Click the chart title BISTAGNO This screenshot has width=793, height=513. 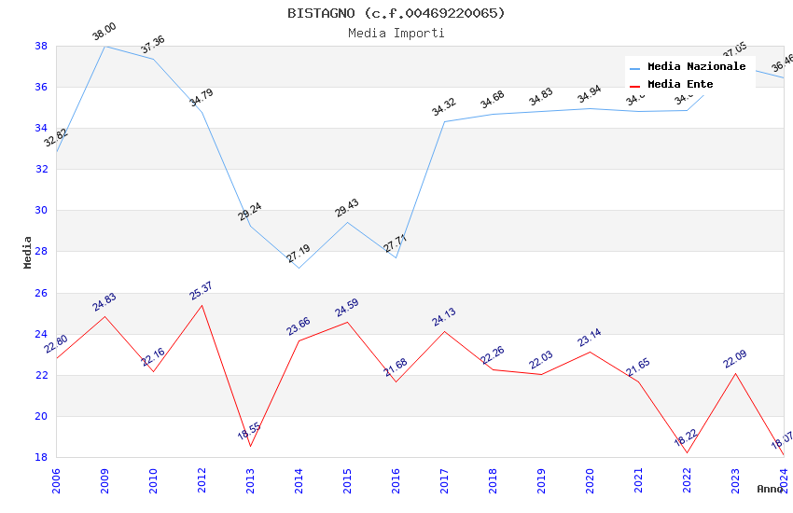[x=396, y=13]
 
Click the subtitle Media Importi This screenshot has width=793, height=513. [x=396, y=34]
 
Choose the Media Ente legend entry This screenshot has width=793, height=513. [x=680, y=85]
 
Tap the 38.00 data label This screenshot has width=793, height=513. [x=104, y=33]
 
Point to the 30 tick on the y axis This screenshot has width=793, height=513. [x=41, y=211]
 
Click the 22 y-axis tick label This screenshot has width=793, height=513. [x=41, y=375]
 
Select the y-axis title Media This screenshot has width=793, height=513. [x=28, y=252]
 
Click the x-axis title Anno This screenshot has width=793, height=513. [x=770, y=489]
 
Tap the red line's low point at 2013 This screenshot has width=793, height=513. [x=250, y=446]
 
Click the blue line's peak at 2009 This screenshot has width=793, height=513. [x=104, y=46]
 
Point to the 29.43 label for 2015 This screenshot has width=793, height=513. [x=346, y=208]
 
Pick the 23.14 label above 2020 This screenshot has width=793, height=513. [x=589, y=338]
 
